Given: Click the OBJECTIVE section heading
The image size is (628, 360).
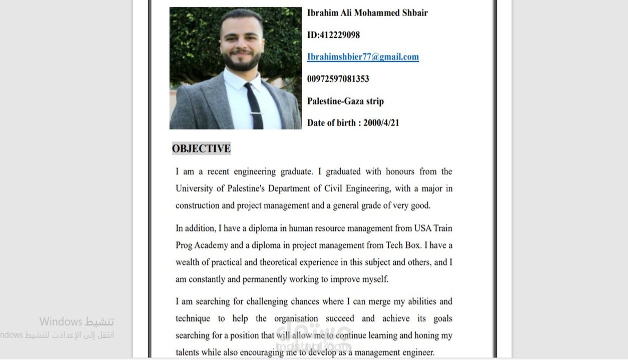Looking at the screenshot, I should (x=201, y=148).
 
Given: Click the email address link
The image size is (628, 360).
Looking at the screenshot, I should (x=363, y=56).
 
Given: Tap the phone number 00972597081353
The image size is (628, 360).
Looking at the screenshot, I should (x=338, y=78).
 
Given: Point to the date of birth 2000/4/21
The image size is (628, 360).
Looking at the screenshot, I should (x=381, y=122).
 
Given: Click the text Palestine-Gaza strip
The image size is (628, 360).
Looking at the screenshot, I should (x=345, y=101).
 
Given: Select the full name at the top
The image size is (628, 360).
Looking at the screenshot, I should (x=367, y=13).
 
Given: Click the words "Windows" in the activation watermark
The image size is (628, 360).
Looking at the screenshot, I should (x=61, y=321).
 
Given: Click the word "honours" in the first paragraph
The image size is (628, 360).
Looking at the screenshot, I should (x=400, y=171).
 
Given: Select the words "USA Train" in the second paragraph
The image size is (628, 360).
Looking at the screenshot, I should (x=433, y=228).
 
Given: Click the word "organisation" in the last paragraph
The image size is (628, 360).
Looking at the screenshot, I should (x=296, y=318).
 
